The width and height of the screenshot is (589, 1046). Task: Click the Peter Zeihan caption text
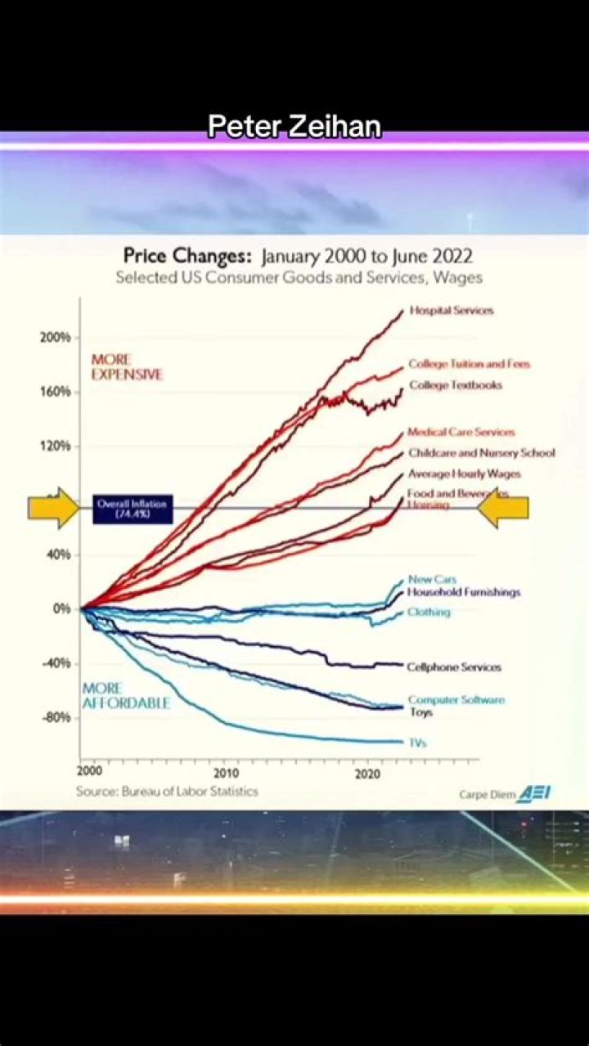294,128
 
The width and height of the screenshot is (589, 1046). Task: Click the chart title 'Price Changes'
187,256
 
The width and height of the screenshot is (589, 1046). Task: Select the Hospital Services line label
452,311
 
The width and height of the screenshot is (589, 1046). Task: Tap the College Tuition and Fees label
469,364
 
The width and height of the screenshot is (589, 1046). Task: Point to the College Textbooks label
456,385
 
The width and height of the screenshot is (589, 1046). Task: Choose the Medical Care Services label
461,432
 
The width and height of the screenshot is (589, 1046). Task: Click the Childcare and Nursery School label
481,453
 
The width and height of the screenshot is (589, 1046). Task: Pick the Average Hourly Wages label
464,474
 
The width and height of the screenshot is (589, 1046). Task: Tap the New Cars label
432,580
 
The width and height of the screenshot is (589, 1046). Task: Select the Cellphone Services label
454,667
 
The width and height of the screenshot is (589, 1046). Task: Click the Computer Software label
456,700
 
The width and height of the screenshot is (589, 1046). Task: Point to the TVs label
417,743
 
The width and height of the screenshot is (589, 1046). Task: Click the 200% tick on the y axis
56,337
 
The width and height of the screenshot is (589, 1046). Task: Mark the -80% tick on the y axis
56,717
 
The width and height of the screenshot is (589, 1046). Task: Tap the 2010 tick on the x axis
227,773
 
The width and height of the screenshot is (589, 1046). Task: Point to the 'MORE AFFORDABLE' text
125,696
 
